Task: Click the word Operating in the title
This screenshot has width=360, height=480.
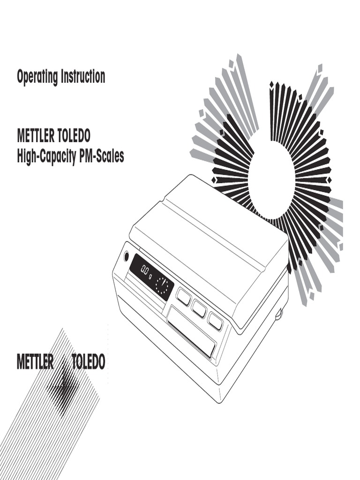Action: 37,77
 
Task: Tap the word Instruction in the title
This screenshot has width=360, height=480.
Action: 83,76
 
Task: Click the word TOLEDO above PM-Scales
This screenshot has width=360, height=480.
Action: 74,137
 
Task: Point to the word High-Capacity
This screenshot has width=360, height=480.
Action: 47,157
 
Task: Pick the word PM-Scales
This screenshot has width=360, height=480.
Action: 102,156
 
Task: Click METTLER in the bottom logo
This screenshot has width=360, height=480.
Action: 35,362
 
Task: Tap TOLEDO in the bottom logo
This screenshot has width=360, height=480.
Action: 88,362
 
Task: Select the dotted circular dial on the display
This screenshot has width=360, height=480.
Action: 163,285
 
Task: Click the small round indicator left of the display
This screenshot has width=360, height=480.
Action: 126,256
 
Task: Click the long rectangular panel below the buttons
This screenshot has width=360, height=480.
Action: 191,330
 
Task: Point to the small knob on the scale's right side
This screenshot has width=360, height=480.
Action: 279,313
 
